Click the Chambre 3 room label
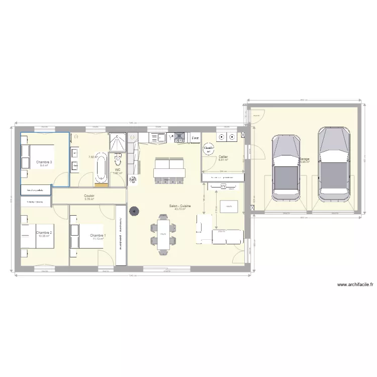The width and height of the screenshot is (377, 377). pos(44,162)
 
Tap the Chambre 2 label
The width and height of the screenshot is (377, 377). pos(44,233)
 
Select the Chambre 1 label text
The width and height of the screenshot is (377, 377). pos(98,235)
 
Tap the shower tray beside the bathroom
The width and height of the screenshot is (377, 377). pos(118,142)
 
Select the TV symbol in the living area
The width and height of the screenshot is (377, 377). pos(223,187)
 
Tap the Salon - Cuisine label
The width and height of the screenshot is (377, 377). pos(179,206)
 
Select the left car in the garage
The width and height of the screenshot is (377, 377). pos(286,167)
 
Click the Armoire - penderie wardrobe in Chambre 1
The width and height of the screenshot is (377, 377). pos(121,234)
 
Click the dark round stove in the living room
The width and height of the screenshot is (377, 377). pos(134,212)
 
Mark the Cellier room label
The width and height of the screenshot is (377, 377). pos(223,157)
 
